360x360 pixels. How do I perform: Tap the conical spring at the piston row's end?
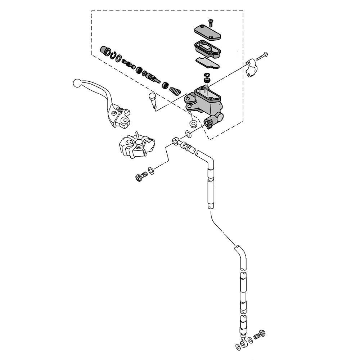[175, 90]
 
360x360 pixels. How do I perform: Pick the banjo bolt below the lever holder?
[141, 176]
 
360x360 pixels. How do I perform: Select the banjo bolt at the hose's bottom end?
[259, 336]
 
